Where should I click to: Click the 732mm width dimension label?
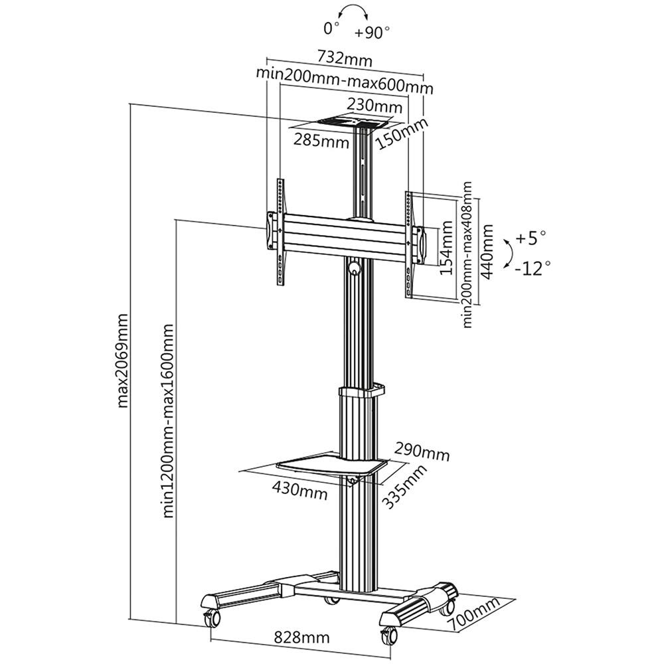pyautogui.click(x=344, y=59)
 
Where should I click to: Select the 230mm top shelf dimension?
pyautogui.click(x=374, y=106)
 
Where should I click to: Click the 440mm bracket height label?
pyautogui.click(x=489, y=252)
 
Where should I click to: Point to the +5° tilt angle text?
pyautogui.click(x=531, y=236)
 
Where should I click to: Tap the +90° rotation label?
pyautogui.click(x=373, y=32)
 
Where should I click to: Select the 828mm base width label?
pyautogui.click(x=302, y=637)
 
